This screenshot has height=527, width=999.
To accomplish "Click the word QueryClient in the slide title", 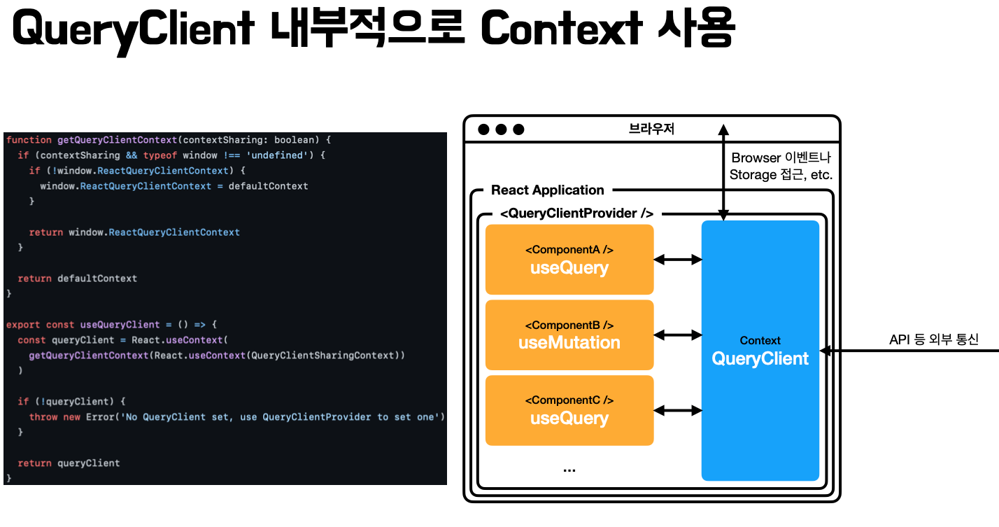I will click(x=133, y=29).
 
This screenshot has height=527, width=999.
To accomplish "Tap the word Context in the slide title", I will click(x=561, y=29).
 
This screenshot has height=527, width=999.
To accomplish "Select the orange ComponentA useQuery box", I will click(x=569, y=260).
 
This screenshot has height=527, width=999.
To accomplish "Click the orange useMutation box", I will click(x=569, y=335).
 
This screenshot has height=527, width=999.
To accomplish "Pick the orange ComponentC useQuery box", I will click(x=569, y=411).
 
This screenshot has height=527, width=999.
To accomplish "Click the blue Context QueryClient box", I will click(x=760, y=351).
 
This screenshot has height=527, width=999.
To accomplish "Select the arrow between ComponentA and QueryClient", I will click(x=677, y=260).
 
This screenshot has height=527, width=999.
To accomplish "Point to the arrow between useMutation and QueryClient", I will click(x=677, y=335).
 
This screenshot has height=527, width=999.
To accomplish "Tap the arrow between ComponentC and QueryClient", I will click(x=677, y=411).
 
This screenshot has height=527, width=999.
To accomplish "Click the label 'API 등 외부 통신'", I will click(x=933, y=340).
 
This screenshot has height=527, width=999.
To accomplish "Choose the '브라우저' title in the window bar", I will click(x=651, y=129).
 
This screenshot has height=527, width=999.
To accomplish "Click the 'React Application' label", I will click(x=547, y=190).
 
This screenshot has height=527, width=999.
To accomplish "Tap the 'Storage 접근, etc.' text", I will click(x=781, y=175).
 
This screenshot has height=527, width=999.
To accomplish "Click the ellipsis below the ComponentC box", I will click(x=569, y=470).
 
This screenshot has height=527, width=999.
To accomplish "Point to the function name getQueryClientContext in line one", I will click(x=117, y=140).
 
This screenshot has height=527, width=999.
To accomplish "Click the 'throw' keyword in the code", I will click(x=43, y=417).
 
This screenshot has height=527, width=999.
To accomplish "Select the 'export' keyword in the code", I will click(x=23, y=325).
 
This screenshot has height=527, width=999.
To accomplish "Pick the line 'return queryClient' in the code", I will click(x=69, y=463).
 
